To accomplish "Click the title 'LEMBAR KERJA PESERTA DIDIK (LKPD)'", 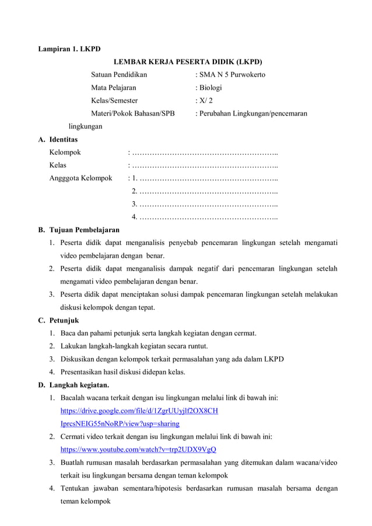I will pos(187,61).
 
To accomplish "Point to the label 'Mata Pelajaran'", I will pos(113,87).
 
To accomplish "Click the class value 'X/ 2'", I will pos(205,100).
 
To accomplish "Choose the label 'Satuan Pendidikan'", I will pos(119,75).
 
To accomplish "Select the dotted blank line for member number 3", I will pos(208,204).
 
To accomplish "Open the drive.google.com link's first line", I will pos(139,411).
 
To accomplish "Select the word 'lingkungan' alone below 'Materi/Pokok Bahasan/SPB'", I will pos(86,126).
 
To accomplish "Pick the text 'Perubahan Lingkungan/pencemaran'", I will pos(253,113).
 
